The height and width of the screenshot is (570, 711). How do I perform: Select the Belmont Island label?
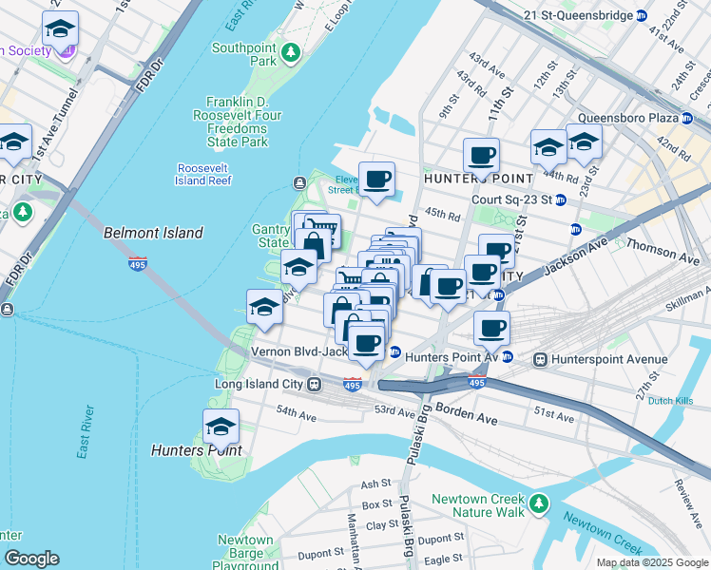[x=152, y=233]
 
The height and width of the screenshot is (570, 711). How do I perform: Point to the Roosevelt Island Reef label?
[x=204, y=174]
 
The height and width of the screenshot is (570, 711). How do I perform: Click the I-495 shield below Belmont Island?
[x=138, y=265]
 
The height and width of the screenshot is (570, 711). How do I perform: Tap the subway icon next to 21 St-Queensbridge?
[x=642, y=16]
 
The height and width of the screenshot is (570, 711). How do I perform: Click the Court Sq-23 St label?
[x=511, y=199]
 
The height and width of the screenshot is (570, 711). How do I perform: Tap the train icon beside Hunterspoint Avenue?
[x=541, y=360]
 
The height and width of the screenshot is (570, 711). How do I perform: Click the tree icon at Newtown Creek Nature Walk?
[x=539, y=503]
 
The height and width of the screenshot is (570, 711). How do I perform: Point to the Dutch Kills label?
[x=670, y=401]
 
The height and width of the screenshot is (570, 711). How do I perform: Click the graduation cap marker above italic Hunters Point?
[x=221, y=427]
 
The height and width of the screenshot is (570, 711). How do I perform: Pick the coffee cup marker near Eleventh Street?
[x=376, y=179]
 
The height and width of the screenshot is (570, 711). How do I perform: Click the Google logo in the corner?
[x=31, y=559]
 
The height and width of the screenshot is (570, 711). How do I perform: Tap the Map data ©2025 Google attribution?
[x=651, y=562]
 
